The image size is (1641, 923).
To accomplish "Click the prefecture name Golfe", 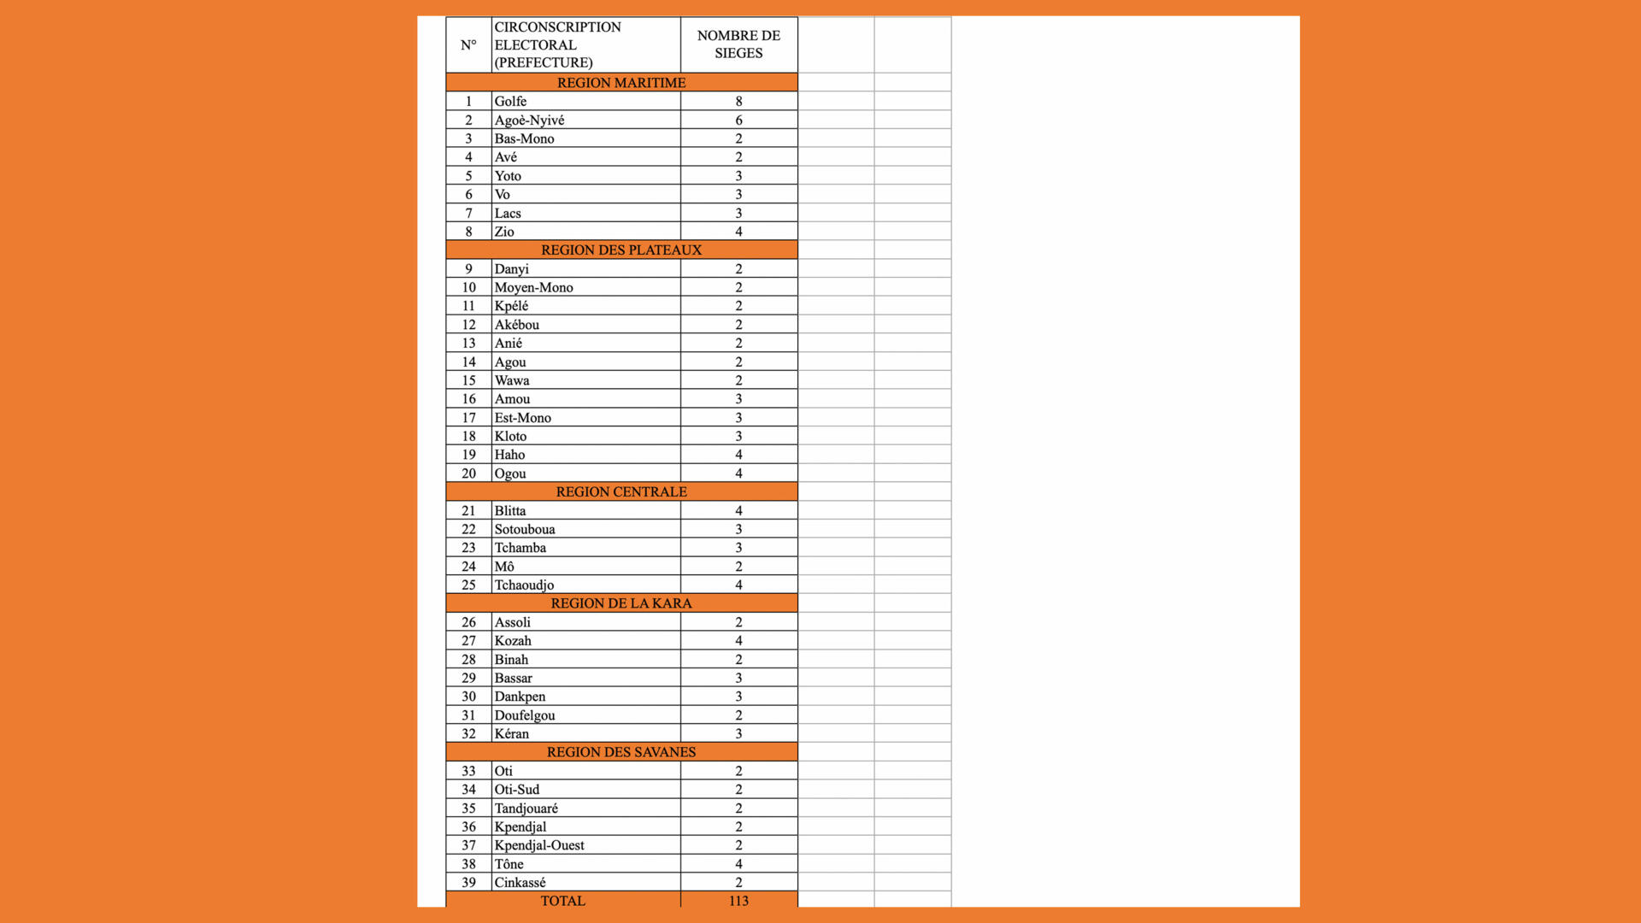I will coord(510,101).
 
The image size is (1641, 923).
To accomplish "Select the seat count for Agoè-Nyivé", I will coord(738,120).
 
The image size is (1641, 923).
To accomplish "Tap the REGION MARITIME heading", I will coord(621,82).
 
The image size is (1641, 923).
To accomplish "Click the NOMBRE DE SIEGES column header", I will coord(738,44).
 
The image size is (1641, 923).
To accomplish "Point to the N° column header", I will coord(468,44).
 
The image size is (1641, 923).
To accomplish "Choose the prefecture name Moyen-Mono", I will coord(533,287).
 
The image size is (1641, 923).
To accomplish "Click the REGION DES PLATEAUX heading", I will coord(621,250).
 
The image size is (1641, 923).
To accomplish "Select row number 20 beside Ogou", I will coord(468,473).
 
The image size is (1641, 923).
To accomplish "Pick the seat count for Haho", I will coord(738,455).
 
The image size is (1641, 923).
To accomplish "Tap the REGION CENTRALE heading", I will coord(621,491).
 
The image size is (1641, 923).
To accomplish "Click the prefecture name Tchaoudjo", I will coord(524,585).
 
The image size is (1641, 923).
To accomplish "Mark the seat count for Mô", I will coord(738,566).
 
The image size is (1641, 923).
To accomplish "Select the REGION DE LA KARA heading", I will coord(621,603).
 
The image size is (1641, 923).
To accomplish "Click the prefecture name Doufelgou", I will coord(525,715).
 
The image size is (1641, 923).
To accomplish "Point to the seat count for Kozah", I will coord(738,640).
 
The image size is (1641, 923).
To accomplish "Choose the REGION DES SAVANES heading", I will coord(621,752).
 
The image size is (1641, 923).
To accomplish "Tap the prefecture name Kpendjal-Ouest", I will coord(539,845).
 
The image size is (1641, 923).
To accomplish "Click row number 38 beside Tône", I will coord(468,864).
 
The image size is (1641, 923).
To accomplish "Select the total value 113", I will coord(738,901).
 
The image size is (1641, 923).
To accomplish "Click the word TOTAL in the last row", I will coord(562,901).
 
